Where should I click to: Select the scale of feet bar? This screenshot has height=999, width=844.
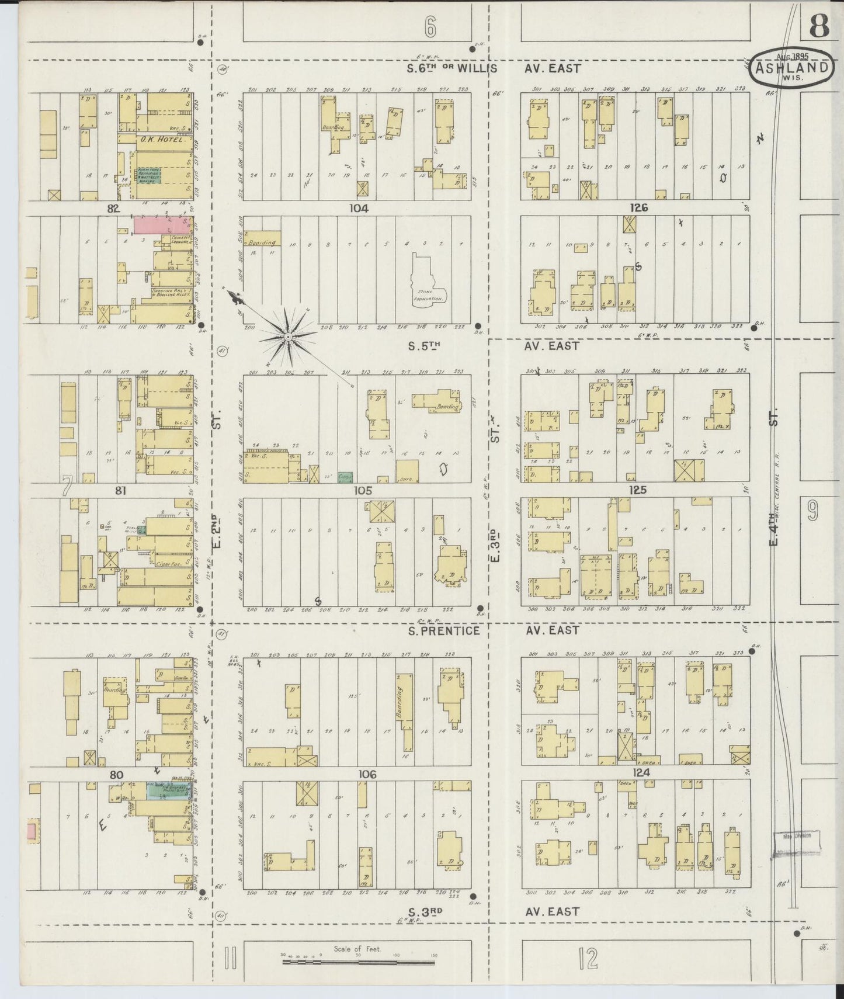(x=359, y=958)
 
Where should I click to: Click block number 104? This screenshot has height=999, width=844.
(x=359, y=208)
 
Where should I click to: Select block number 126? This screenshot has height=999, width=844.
(x=639, y=208)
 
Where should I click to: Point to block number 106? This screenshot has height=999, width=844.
(x=367, y=774)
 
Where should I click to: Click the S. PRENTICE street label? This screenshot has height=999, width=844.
(x=444, y=631)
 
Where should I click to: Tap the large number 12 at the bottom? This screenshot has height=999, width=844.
(x=589, y=958)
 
